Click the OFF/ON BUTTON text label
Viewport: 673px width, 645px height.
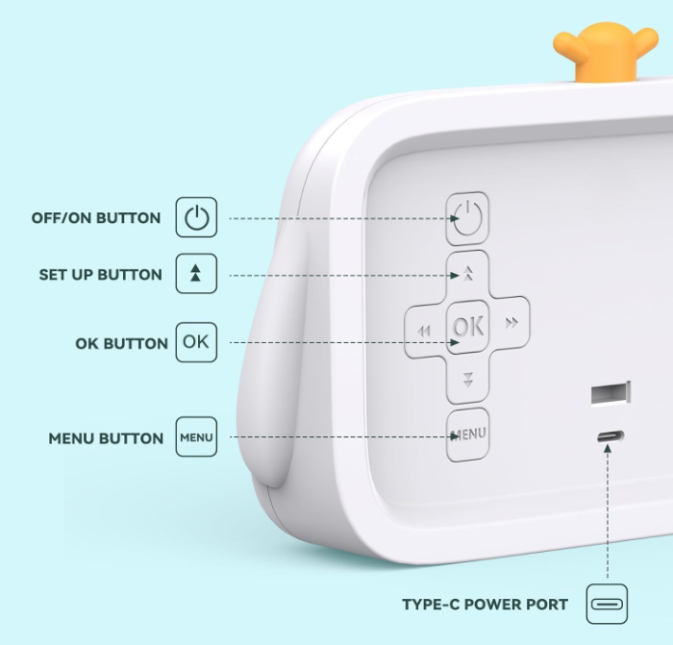(x=96, y=218)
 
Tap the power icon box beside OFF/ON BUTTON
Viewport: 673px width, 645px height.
(x=196, y=217)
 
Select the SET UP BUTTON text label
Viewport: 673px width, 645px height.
(x=100, y=275)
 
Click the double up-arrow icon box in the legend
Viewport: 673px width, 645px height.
(x=196, y=273)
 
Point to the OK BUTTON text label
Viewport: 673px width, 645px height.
(x=121, y=343)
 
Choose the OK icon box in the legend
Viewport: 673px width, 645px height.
(x=196, y=342)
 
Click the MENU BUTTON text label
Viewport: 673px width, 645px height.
(x=106, y=438)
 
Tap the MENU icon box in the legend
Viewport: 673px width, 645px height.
(x=196, y=436)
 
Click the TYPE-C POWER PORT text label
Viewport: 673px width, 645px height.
(x=485, y=605)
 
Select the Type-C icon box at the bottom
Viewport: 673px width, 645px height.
(x=607, y=604)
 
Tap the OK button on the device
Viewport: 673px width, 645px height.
(x=468, y=327)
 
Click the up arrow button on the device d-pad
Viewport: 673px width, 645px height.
(x=468, y=273)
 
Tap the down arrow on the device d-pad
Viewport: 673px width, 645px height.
(x=468, y=380)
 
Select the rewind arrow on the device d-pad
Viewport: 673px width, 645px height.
(x=424, y=331)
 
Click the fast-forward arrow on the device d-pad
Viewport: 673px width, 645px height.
(x=511, y=323)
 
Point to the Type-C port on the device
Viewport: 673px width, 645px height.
(x=611, y=436)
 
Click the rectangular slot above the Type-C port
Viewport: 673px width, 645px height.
(x=611, y=392)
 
